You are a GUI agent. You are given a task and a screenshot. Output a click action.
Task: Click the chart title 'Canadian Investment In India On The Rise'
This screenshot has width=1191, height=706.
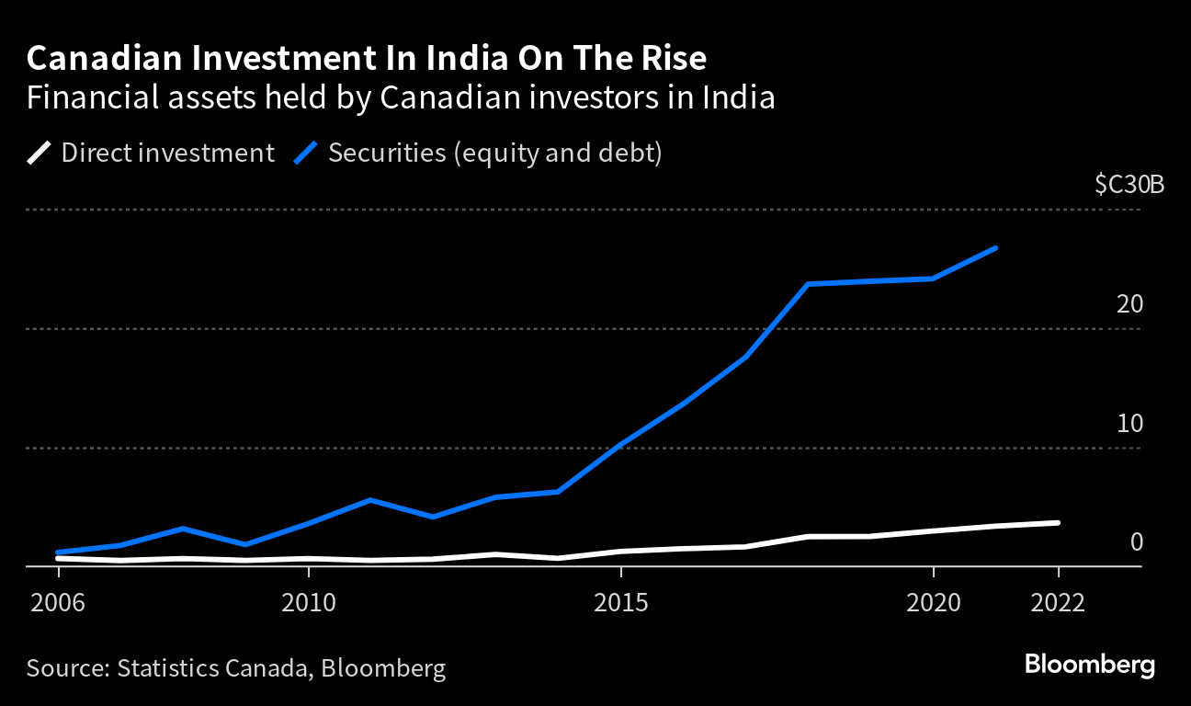point(367,60)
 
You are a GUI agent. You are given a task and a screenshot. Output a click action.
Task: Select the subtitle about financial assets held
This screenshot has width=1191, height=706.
point(401,97)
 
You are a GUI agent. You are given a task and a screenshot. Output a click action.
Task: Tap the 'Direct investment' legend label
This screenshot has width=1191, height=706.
point(167,153)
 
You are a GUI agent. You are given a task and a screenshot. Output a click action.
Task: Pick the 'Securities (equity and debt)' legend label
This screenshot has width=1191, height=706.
point(494,153)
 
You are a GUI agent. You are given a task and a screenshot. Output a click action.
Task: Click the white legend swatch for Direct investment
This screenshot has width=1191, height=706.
point(40,153)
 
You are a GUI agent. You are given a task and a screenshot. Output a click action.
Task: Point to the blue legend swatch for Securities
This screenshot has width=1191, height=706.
point(306,153)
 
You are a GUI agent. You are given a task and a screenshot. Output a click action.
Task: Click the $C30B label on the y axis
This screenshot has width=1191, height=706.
point(1129,185)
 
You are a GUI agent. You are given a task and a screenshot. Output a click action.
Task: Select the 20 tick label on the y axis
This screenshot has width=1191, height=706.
point(1129,304)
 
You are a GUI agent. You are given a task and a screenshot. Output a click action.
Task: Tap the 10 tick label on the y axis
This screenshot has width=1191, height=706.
point(1129,424)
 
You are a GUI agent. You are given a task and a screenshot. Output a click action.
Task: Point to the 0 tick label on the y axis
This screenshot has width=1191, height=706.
point(1136,542)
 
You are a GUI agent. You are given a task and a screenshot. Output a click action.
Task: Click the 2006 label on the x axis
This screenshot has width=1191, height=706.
point(59,604)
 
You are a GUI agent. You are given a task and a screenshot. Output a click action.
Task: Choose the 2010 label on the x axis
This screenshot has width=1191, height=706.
point(309,604)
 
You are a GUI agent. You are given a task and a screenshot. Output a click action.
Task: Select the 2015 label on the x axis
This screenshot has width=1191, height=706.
point(621,604)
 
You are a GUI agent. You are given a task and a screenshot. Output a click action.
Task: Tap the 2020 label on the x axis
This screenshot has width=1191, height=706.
point(934,604)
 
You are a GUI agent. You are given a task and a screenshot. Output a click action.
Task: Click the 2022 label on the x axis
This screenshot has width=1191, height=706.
point(1059,604)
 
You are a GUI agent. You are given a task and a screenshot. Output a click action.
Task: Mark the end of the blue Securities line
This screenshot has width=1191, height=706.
point(996,248)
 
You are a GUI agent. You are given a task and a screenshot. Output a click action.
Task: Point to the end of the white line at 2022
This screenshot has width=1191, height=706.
point(1058,522)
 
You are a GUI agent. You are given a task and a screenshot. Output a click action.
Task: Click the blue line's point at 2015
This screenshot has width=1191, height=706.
point(621,446)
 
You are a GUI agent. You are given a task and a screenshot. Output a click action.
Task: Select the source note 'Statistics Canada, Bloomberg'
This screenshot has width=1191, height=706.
point(236,668)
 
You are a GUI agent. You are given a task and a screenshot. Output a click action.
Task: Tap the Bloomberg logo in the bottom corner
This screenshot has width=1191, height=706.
point(1089,665)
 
